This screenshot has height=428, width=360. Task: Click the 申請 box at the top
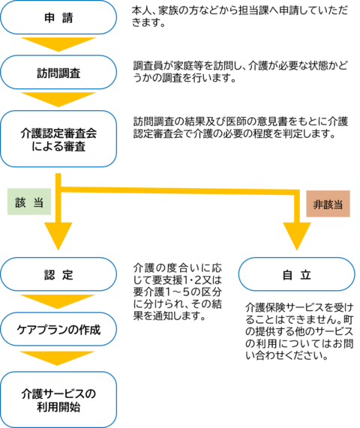(58, 18)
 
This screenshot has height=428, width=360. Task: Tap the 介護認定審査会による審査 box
(58, 139)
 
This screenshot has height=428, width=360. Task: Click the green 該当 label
(28, 202)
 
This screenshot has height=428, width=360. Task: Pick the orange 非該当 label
(328, 203)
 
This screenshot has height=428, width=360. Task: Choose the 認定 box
(58, 274)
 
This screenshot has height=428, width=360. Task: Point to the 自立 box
(296, 274)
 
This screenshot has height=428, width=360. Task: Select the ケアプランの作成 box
(58, 328)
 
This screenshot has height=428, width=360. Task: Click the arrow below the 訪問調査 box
(58, 99)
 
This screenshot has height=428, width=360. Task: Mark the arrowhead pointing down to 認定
(58, 238)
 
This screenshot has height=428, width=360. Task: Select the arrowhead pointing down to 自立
(296, 238)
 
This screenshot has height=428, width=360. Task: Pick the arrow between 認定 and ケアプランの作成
(58, 301)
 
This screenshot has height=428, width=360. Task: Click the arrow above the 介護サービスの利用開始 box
(58, 357)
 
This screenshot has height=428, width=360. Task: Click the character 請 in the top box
(69, 18)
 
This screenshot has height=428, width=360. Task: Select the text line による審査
(58, 147)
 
